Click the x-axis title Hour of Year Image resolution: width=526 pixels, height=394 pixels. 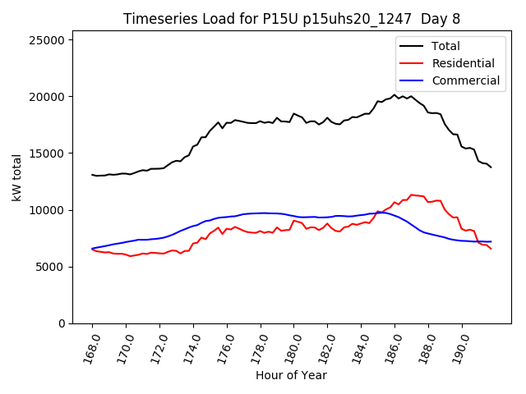pos(291,375)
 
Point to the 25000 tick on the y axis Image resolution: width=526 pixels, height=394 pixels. pos(48,39)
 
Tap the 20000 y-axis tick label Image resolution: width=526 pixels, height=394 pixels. pos(48,97)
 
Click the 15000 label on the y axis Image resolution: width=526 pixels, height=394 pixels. pos(48,153)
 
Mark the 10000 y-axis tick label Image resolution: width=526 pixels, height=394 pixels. pos(48,210)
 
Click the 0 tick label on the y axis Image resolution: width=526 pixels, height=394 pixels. pos(62,323)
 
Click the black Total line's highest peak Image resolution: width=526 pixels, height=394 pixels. pos(394,94)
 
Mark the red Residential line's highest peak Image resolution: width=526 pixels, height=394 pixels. pos(411,195)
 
